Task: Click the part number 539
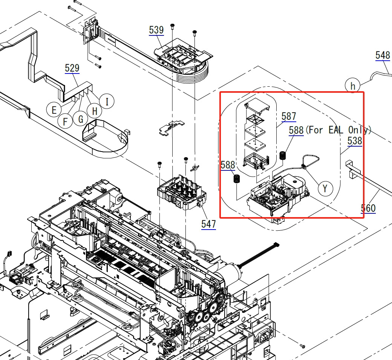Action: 156,30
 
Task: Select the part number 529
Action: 72,68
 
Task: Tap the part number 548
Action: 383,55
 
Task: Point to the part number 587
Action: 289,116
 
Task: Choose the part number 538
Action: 355,141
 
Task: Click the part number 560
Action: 368,208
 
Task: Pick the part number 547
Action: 208,224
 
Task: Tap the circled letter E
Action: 54,110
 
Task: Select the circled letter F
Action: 66,121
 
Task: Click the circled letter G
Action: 80,119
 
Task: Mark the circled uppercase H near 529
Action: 94,111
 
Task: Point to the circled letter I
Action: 107,101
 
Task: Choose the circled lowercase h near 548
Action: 353,86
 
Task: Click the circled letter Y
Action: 325,188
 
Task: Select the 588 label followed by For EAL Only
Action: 296,130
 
